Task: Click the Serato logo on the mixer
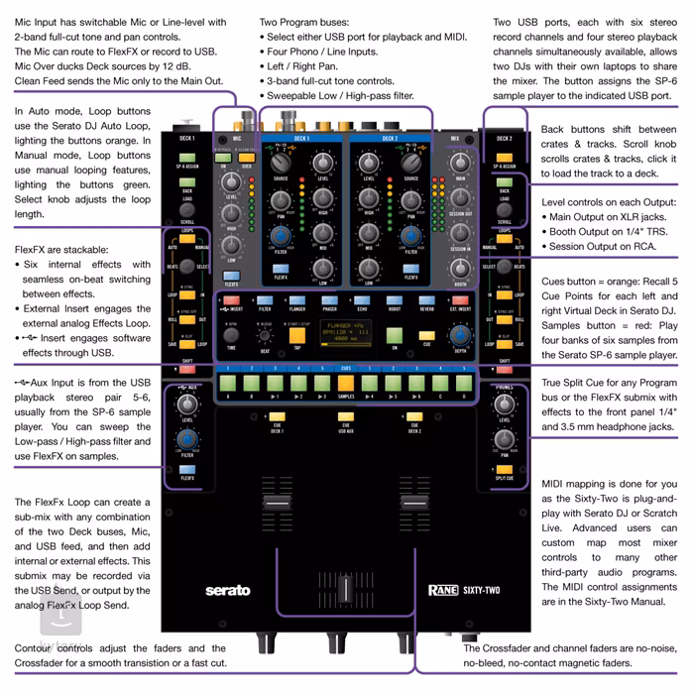tap(227, 590)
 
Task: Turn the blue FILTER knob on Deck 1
tap(281, 236)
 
